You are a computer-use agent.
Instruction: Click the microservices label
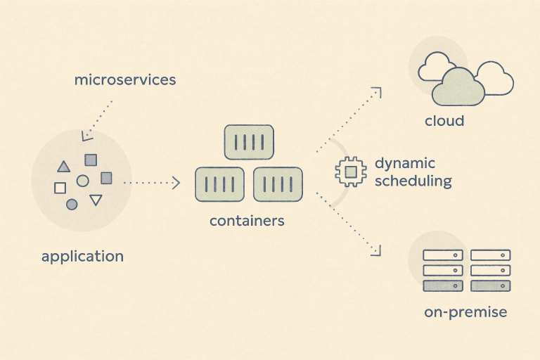click(x=125, y=79)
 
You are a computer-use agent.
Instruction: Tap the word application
click(x=82, y=256)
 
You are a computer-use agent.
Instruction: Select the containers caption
click(x=247, y=221)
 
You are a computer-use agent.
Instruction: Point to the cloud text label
click(x=444, y=121)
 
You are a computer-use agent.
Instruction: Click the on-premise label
click(x=465, y=312)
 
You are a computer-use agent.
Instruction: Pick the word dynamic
click(x=405, y=164)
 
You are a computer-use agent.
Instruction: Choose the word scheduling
click(x=413, y=181)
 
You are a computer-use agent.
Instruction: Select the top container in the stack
click(x=248, y=142)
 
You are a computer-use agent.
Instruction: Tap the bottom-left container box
click(x=219, y=185)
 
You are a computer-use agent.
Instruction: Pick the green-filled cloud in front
click(x=458, y=86)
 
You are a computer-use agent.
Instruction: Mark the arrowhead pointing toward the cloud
click(x=377, y=91)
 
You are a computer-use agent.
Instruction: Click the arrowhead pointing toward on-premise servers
click(x=377, y=250)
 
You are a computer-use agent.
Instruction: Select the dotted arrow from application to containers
click(x=151, y=183)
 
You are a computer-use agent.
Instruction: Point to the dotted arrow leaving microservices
click(x=98, y=118)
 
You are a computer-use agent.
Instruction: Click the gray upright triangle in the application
click(x=63, y=167)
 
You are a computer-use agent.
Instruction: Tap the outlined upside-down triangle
click(x=96, y=201)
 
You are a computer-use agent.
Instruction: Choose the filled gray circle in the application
click(x=72, y=205)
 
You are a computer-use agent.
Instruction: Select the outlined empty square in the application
click(x=60, y=188)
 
